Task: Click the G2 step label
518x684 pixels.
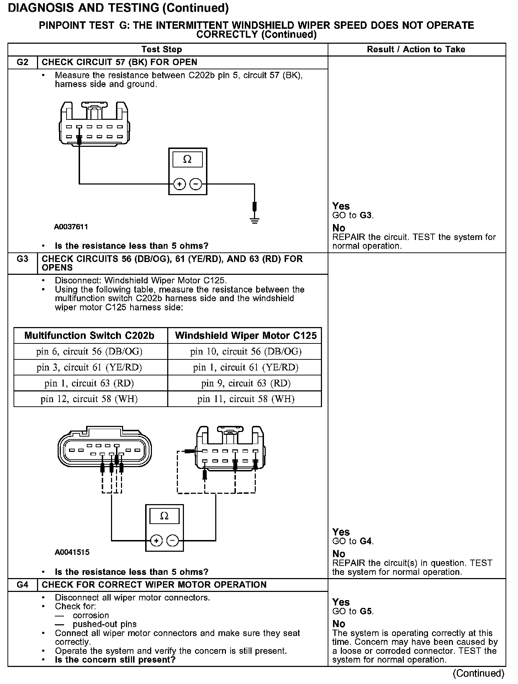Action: (22, 62)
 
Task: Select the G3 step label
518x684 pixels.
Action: (22, 259)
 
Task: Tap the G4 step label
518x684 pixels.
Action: (22, 585)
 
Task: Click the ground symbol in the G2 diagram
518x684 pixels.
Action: (255, 221)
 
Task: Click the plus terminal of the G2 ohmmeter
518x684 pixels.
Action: (180, 184)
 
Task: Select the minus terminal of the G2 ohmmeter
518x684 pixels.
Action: (196, 184)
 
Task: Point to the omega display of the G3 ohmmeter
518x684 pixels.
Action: (164, 516)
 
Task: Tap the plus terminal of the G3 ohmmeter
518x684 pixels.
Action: (156, 541)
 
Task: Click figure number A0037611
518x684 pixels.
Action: (71, 226)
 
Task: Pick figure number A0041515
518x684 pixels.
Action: (72, 552)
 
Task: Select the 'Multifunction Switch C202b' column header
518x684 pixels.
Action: (89, 336)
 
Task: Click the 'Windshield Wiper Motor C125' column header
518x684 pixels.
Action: (245, 336)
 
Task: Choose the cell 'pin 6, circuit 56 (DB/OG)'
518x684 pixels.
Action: (89, 352)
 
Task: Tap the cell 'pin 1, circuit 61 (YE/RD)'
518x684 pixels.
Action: (245, 367)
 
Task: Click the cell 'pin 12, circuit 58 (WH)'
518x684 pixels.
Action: (89, 399)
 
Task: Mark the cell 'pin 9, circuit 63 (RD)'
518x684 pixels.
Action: (245, 383)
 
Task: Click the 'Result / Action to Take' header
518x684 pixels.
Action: (416, 49)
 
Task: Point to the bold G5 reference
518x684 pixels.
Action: (366, 611)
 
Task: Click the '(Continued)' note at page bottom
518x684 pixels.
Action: (479, 673)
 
